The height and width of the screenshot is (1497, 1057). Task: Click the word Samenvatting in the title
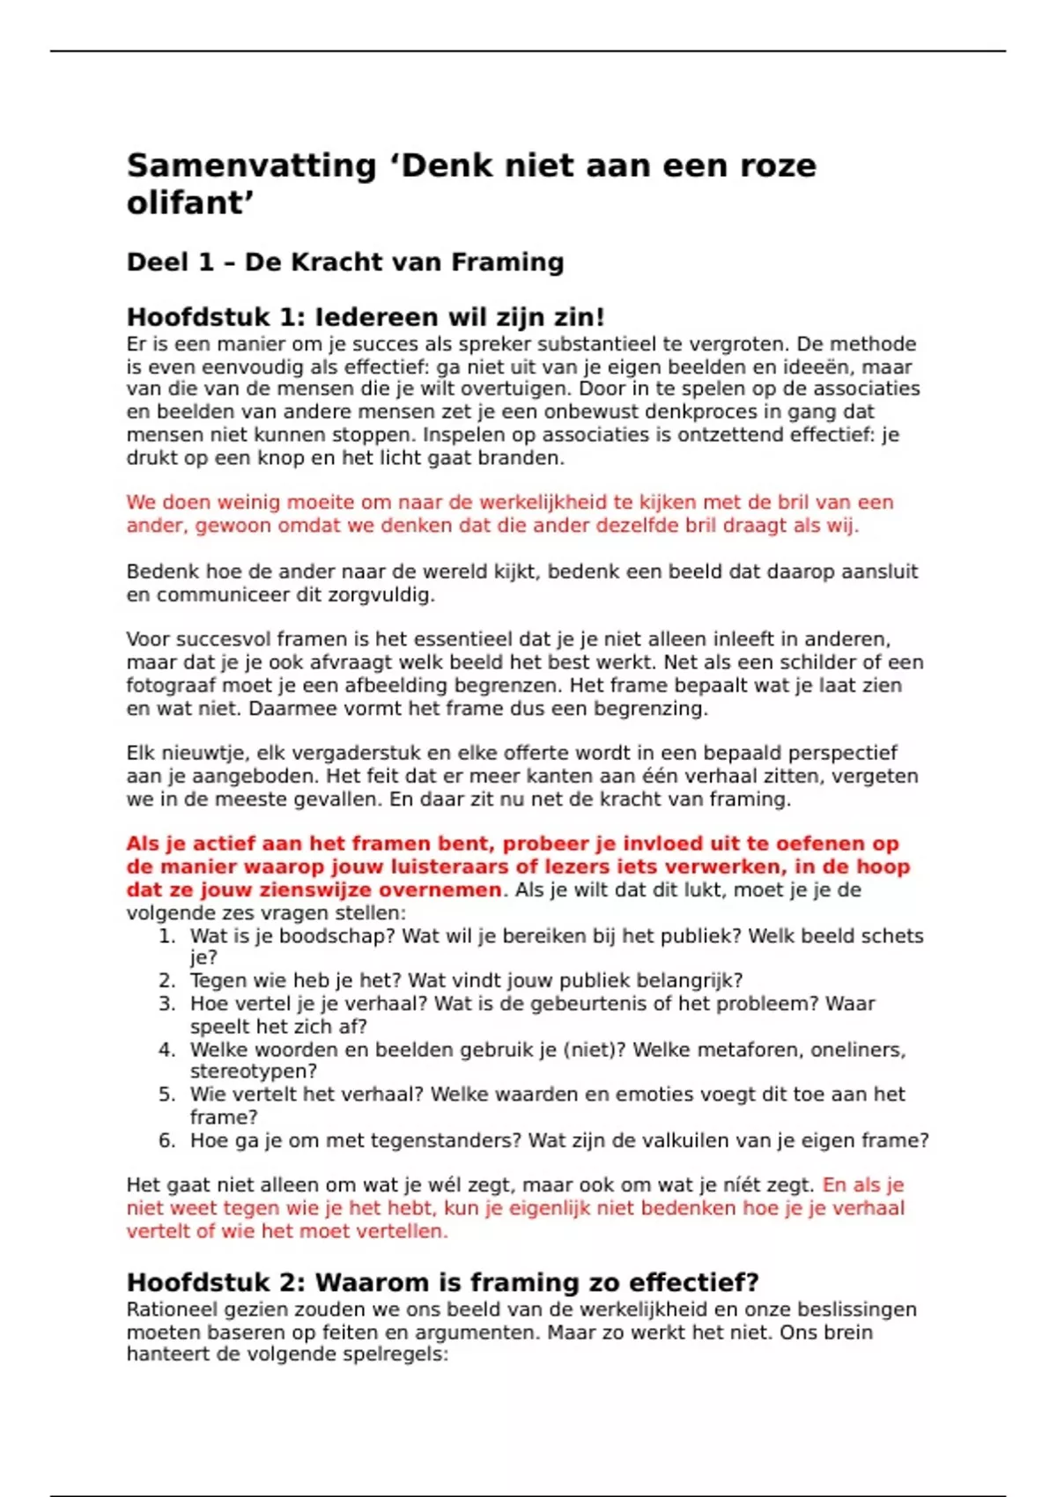click(x=251, y=166)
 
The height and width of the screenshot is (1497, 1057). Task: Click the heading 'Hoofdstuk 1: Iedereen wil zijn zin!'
click(x=366, y=317)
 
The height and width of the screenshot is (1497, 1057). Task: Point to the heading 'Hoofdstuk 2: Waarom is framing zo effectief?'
click(x=442, y=1282)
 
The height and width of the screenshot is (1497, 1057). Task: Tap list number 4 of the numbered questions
click(x=167, y=1050)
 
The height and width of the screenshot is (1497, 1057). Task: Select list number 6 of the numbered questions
click(x=167, y=1141)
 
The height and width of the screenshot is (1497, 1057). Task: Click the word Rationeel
click(x=169, y=1309)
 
